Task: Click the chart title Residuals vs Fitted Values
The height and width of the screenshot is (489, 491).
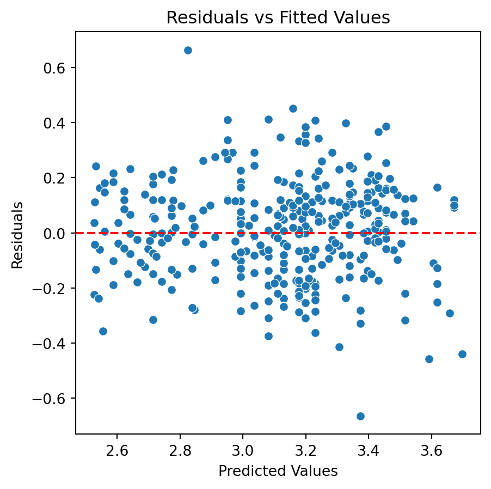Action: [278, 18]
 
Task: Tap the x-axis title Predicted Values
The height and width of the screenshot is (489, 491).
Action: [278, 471]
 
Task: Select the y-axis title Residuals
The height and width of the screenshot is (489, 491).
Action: [17, 235]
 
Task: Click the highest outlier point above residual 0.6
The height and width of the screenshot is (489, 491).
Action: [188, 50]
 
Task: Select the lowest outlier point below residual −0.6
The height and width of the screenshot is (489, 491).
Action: [360, 416]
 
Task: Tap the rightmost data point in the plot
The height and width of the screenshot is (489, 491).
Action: [462, 354]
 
